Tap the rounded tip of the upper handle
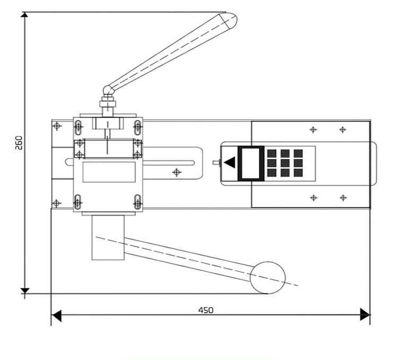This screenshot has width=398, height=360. click(x=230, y=20)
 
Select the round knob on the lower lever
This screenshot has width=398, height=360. click(x=268, y=277)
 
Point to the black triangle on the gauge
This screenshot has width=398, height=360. click(x=231, y=163)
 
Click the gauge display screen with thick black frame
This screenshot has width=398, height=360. click(x=251, y=163)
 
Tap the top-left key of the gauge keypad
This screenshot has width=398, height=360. click(x=272, y=153)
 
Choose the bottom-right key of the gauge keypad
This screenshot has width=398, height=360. click(x=298, y=173)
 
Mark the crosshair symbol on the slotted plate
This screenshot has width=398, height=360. click(x=177, y=172)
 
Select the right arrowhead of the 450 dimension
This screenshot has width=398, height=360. click(x=365, y=315)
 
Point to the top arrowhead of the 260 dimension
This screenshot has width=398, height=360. click(x=24, y=16)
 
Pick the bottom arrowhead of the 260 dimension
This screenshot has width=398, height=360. click(x=24, y=289)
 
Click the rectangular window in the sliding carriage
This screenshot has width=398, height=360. click(x=109, y=172)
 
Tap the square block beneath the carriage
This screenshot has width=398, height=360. click(x=108, y=238)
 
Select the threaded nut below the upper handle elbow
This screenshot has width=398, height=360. click(x=108, y=105)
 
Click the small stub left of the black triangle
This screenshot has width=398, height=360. click(x=216, y=163)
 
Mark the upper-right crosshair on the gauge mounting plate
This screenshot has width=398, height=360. click(x=343, y=129)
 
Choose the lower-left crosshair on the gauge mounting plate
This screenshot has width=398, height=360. click(x=314, y=198)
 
